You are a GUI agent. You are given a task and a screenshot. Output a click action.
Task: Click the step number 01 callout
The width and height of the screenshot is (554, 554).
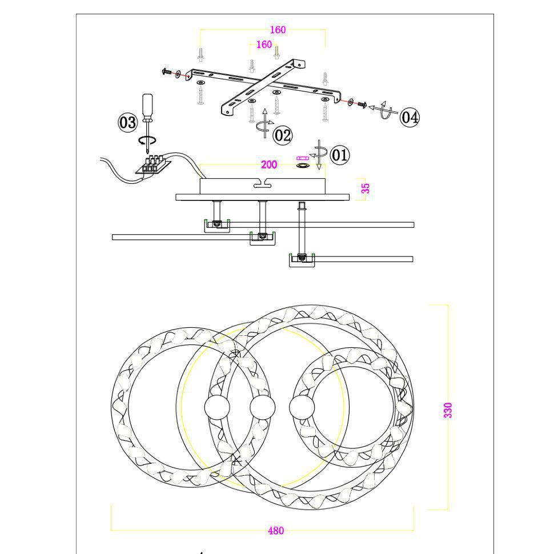pos(340,155)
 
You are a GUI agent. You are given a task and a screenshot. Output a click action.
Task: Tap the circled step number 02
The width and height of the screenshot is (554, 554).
pos(283,135)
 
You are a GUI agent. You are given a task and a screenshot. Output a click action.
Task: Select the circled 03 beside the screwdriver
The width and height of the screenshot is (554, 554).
pos(127,123)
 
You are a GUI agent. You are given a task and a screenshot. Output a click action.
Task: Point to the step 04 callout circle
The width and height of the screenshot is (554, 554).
pos(410,117)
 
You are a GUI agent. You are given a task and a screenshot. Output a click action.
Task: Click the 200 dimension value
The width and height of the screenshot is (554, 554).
pos(269,164)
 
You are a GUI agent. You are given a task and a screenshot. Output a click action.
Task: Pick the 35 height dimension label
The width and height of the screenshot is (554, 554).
pos(366,188)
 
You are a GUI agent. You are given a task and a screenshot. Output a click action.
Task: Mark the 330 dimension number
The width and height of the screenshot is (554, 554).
pos(448,410)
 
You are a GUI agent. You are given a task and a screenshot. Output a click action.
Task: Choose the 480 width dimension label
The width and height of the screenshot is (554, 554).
pos(276,531)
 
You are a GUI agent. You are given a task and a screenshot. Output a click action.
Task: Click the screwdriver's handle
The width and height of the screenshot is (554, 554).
pos(147,103)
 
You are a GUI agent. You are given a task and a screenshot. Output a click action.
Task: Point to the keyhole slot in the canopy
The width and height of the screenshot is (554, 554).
pos(262,183)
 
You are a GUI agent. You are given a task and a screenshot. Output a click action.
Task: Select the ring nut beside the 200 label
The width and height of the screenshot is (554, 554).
pos(303,166)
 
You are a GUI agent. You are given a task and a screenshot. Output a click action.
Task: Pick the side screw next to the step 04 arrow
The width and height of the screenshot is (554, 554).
pos(363,105)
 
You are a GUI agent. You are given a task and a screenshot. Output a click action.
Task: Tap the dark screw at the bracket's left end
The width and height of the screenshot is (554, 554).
pos(166,72)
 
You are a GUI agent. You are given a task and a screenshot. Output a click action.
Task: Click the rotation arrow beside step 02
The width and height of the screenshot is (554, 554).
pos(264,123)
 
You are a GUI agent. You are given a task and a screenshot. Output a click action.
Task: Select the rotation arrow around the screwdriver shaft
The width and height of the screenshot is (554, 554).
pos(147,140)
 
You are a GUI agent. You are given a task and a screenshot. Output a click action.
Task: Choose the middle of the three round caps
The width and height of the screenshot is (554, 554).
pos(262,407)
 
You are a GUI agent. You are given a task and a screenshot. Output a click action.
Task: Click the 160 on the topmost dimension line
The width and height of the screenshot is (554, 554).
pos(278,30)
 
